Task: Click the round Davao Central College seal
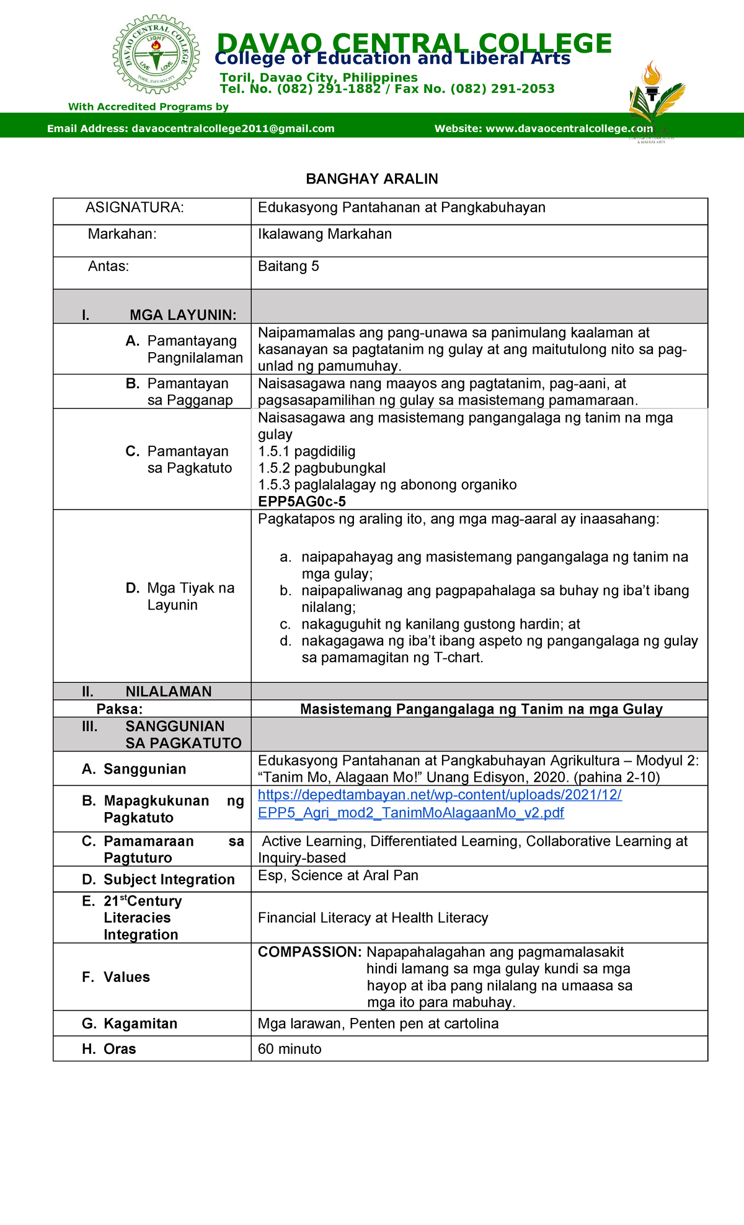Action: pyautogui.click(x=156, y=55)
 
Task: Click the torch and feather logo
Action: pyautogui.click(x=655, y=99)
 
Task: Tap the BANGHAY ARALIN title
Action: pyautogui.click(x=372, y=179)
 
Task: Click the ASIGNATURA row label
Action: pyautogui.click(x=135, y=208)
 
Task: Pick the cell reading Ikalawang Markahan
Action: pyautogui.click(x=325, y=234)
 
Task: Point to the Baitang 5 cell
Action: pyautogui.click(x=288, y=267)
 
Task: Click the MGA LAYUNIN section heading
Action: pyautogui.click(x=182, y=315)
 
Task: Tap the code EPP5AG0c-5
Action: pyautogui.click(x=302, y=502)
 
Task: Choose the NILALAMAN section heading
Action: pyautogui.click(x=168, y=691)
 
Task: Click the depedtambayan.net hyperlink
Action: pyautogui.click(x=439, y=803)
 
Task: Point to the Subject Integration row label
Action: pyautogui.click(x=169, y=880)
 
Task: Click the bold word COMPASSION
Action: pyautogui.click(x=309, y=952)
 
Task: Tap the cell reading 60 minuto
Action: pyautogui.click(x=290, y=1049)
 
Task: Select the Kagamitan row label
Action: pyautogui.click(x=140, y=1024)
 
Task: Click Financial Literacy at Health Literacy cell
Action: pyautogui.click(x=373, y=918)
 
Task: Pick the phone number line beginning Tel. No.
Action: pyautogui.click(x=387, y=89)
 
